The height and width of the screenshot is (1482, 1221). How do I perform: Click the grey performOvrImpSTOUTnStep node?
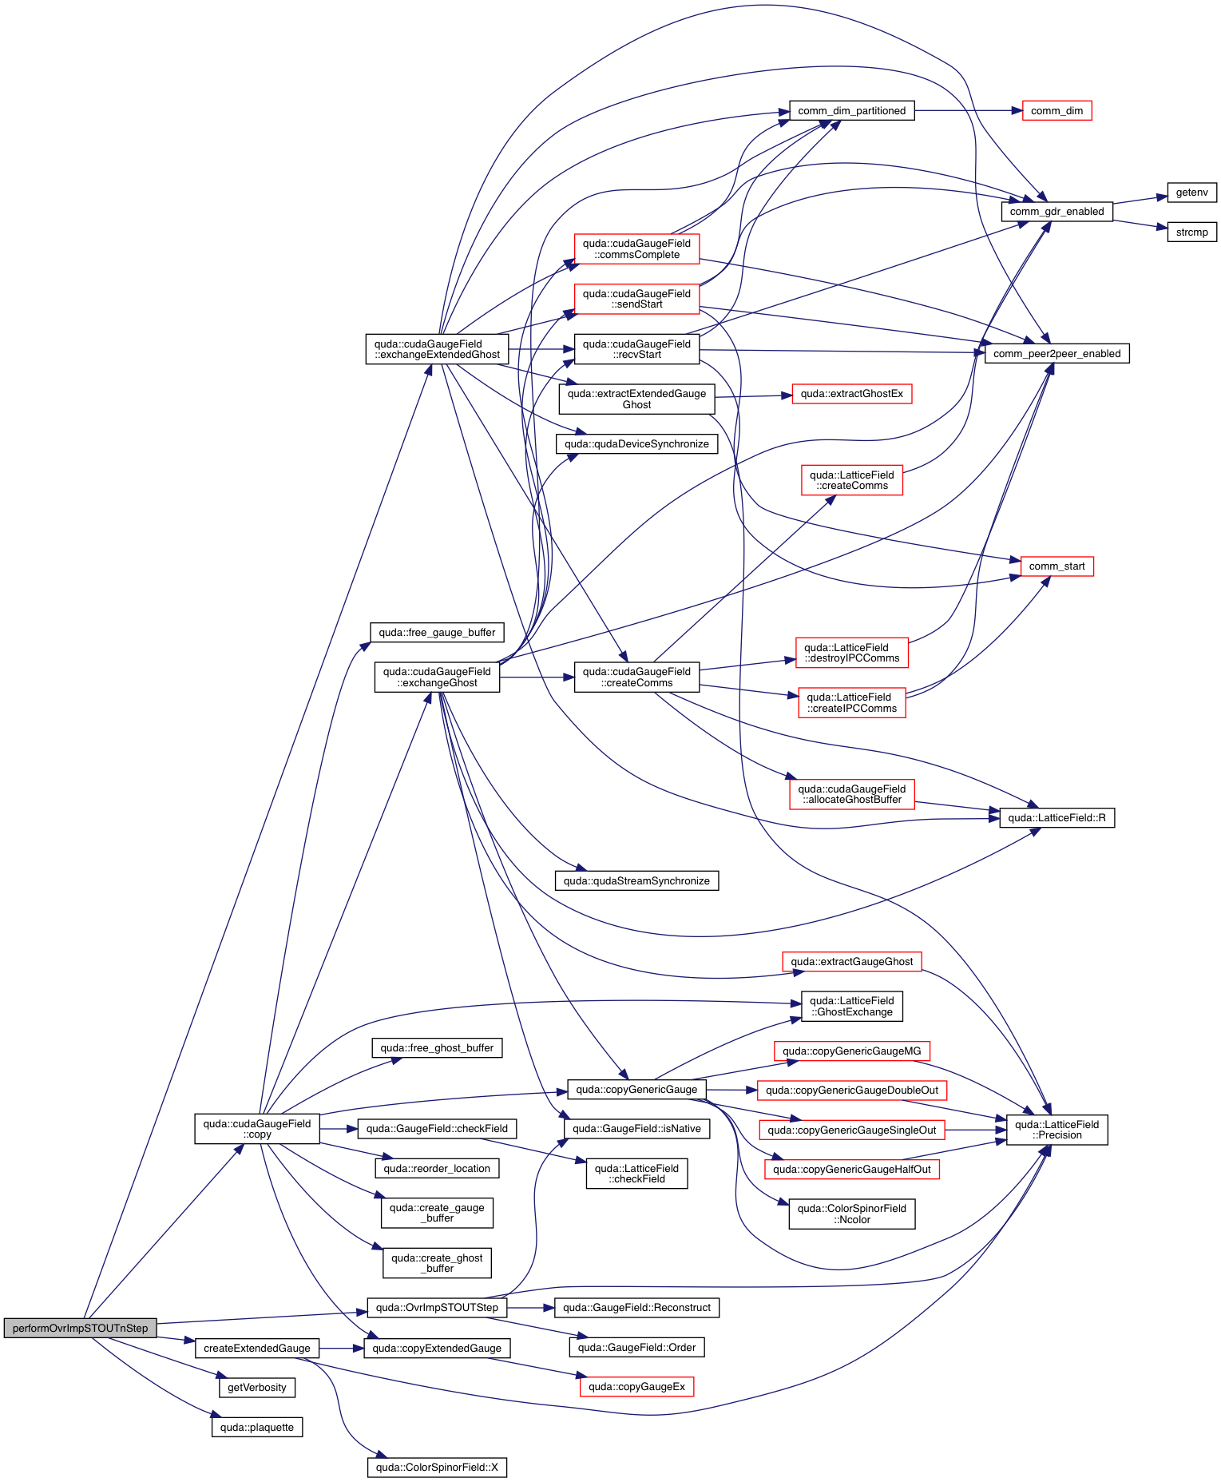80,1328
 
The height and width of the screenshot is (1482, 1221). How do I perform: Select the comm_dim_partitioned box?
851,111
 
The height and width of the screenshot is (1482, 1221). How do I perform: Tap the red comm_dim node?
1056,111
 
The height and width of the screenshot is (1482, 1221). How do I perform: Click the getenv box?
1191,193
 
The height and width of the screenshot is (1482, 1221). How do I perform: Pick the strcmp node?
1191,232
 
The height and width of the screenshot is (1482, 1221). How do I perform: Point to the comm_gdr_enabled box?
1056,212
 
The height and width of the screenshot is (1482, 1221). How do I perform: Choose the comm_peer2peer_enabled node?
1056,354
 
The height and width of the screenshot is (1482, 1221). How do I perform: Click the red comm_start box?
1056,566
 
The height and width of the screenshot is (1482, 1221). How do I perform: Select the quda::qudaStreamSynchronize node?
636,881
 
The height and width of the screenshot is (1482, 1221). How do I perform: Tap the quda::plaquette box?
257,1428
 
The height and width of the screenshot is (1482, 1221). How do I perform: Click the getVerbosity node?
257,1388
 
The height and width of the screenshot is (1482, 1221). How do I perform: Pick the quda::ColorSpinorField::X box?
437,1468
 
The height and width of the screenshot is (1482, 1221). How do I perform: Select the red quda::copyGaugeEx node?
636,1387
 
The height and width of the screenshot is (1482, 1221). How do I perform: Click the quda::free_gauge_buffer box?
437,633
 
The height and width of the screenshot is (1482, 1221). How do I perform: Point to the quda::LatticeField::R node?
1056,818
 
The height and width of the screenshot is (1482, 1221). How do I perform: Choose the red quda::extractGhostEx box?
851,394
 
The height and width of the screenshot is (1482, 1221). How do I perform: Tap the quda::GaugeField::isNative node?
636,1129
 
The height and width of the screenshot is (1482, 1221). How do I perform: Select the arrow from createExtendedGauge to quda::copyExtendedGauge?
342,1349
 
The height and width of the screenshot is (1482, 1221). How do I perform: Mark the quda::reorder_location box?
437,1169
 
